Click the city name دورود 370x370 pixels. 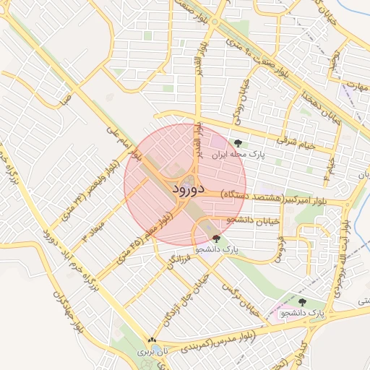click(x=185, y=189)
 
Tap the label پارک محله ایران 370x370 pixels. click(x=239, y=154)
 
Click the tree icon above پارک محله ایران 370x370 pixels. click(x=238, y=142)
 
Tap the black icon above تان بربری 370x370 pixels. click(x=151, y=340)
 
